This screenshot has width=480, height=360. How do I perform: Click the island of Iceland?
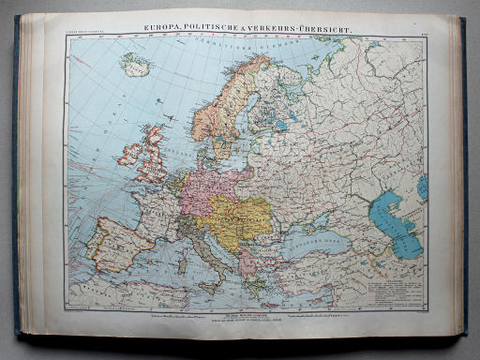135,64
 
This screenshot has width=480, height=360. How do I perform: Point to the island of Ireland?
125,152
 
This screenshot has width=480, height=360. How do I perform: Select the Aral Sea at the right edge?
423,187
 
